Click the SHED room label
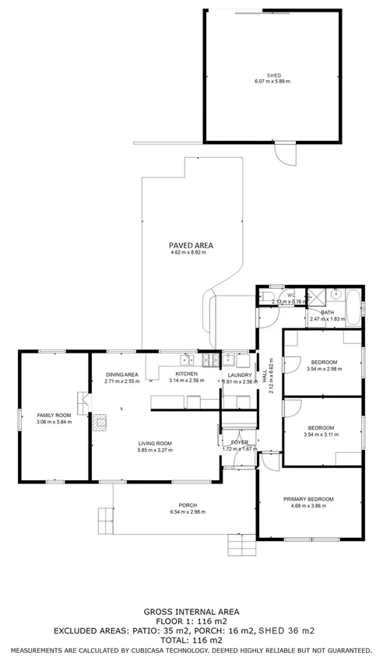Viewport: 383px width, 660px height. point(273,75)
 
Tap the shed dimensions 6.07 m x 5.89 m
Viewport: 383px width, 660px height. point(273,82)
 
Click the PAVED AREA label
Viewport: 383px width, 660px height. point(191,245)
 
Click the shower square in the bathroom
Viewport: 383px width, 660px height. point(316,296)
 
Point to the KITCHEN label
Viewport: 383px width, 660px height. point(185,374)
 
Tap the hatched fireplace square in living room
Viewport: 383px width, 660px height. point(101,422)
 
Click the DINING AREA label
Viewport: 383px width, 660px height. point(122,374)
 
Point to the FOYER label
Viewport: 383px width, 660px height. point(239,442)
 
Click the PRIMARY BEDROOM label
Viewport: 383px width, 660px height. point(308,499)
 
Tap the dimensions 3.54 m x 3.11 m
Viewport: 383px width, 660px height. point(321,434)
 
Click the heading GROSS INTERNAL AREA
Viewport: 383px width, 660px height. point(191,612)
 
